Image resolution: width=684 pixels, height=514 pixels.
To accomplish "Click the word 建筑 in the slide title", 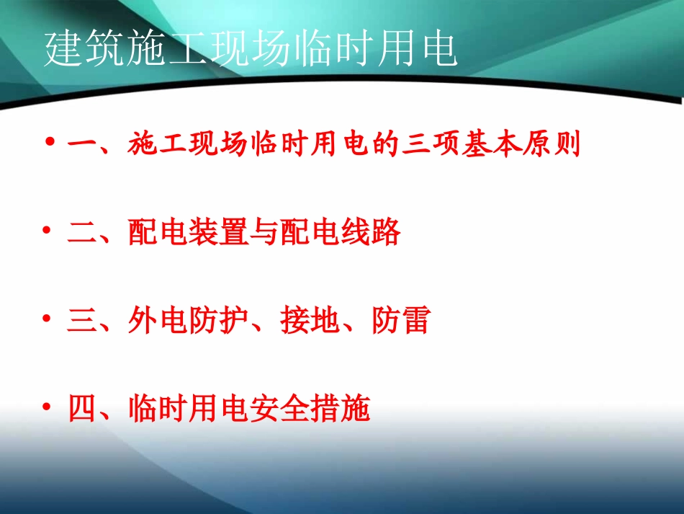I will pyautogui.click(x=86, y=50).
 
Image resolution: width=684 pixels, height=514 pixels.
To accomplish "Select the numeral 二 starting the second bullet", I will pyautogui.click(x=81, y=234).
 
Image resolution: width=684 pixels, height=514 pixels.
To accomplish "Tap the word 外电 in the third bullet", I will pyautogui.click(x=158, y=322).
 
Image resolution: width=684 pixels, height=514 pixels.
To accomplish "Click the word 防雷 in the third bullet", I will pyautogui.click(x=400, y=322).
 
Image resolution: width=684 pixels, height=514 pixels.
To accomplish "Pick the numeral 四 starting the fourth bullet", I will pyautogui.click(x=81, y=409).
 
